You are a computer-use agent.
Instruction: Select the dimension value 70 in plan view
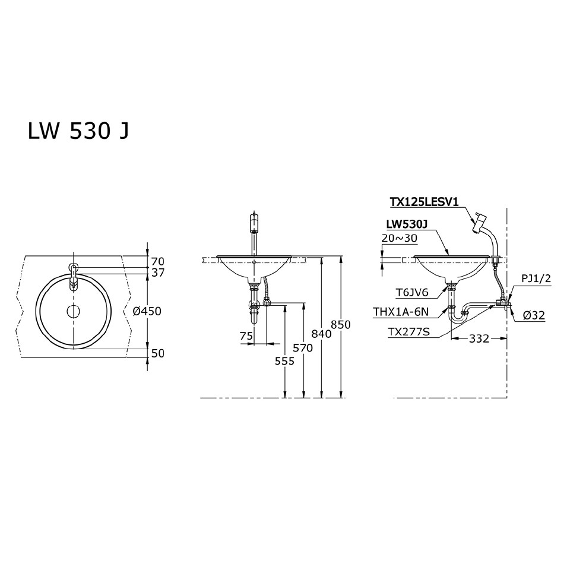pyautogui.click(x=157, y=261)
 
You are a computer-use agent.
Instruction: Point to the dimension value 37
pyautogui.click(x=157, y=273)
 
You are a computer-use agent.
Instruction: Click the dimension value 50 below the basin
pyautogui.click(x=157, y=353)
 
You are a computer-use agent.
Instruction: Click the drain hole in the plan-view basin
pyautogui.click(x=74, y=311)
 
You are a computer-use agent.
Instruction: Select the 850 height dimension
pyautogui.click(x=341, y=325)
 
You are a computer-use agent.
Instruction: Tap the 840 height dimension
pyautogui.click(x=321, y=334)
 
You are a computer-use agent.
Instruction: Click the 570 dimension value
pyautogui.click(x=303, y=349)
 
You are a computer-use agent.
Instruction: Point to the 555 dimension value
pyautogui.click(x=286, y=360)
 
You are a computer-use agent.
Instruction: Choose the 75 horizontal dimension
pyautogui.click(x=246, y=336)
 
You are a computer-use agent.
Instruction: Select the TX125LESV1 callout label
pyautogui.click(x=424, y=202)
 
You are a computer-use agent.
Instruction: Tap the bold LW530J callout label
pyautogui.click(x=407, y=225)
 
